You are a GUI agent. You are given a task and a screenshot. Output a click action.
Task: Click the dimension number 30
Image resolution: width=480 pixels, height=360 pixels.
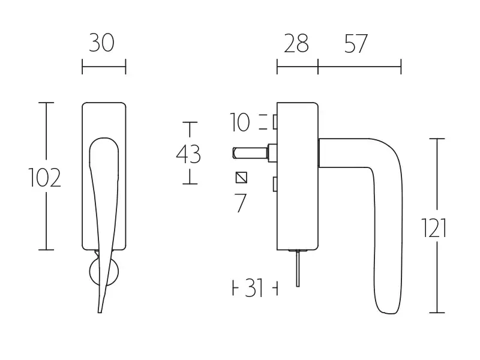point(101,43)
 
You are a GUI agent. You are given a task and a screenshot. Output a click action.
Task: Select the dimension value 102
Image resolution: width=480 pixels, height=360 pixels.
point(44,178)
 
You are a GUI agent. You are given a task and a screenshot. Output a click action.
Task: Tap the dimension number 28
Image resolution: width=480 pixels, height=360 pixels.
point(296,43)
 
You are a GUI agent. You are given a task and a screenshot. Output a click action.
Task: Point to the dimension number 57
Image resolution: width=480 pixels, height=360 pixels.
point(356,43)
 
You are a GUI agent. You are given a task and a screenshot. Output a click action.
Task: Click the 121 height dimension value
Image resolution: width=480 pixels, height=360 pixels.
point(434,228)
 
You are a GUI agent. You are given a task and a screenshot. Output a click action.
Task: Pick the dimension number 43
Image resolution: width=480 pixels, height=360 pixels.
point(188,154)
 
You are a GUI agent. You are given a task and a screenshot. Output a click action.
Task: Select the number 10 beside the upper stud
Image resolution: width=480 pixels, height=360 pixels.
point(239,122)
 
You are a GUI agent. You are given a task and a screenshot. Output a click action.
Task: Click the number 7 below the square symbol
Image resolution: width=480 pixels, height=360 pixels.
point(241,203)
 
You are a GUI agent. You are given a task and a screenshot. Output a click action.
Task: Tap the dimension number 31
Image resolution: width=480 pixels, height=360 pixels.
point(254,288)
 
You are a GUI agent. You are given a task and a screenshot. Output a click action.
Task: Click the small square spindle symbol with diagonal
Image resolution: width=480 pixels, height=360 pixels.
point(241,178)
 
